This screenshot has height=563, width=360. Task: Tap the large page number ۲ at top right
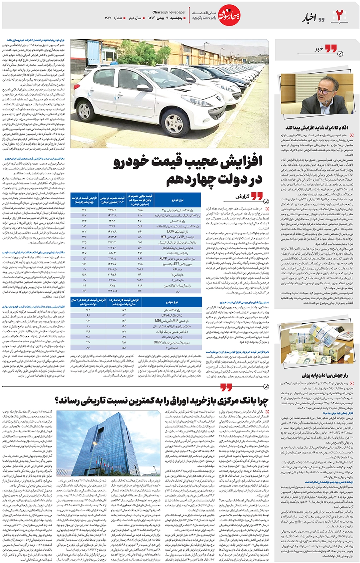coord(340,16)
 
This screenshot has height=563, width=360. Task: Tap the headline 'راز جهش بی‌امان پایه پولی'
coord(324,375)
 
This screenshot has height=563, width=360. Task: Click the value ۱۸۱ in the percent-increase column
coord(84,226)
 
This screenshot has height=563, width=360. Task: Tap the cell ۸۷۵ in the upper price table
coord(112,285)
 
